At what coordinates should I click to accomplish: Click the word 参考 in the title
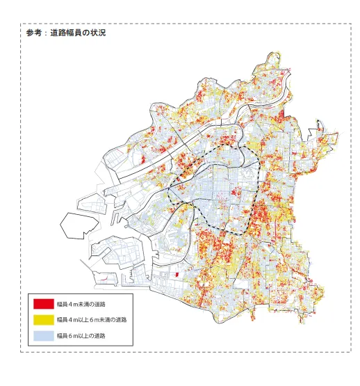33,33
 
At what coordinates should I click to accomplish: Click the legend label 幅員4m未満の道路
81,304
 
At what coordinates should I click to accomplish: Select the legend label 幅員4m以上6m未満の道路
92,320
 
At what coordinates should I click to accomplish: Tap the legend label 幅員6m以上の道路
81,336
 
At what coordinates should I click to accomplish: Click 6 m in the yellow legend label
92,320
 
